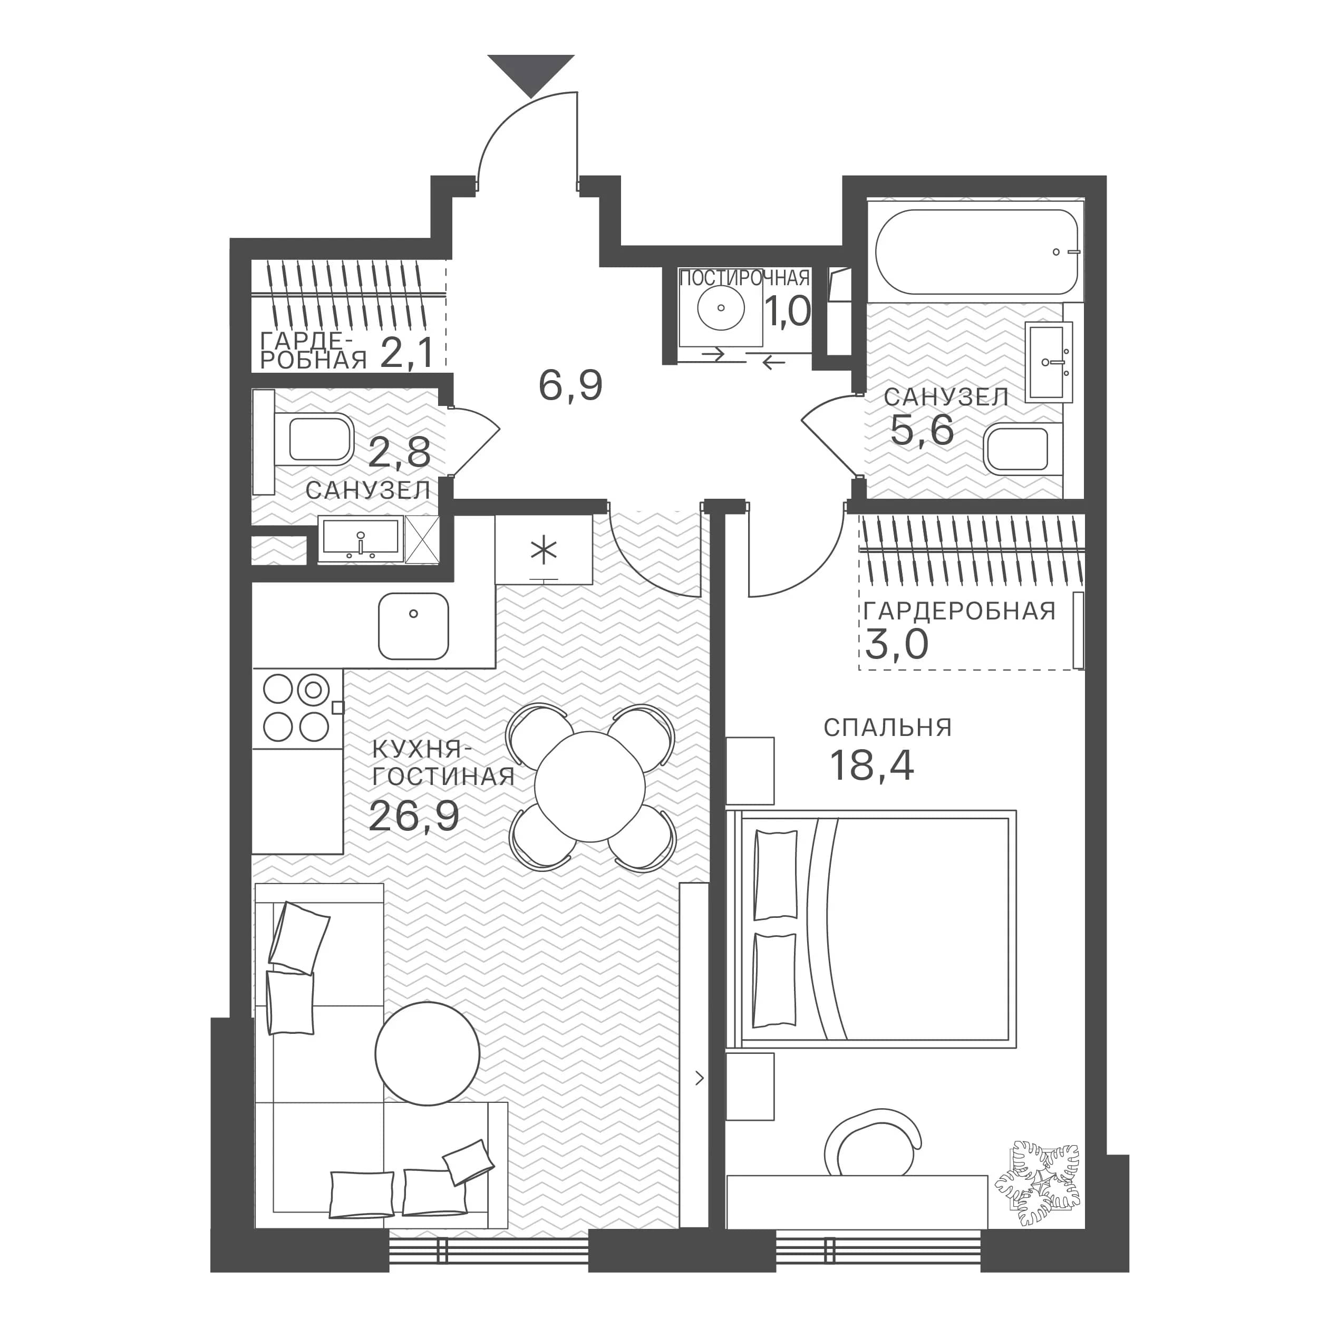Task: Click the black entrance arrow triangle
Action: pos(531,74)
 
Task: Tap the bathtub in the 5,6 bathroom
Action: pos(977,251)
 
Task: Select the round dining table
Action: pos(590,786)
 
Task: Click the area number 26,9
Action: pos(414,816)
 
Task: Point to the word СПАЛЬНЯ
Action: pos(887,728)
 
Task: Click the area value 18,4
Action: pos(872,765)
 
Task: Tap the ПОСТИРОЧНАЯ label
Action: pos(744,278)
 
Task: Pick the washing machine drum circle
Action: pos(720,308)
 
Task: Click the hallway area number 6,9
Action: pos(570,385)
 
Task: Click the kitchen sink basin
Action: pos(413,626)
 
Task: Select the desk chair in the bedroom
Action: pos(874,1146)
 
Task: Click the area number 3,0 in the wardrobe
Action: pos(896,644)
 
